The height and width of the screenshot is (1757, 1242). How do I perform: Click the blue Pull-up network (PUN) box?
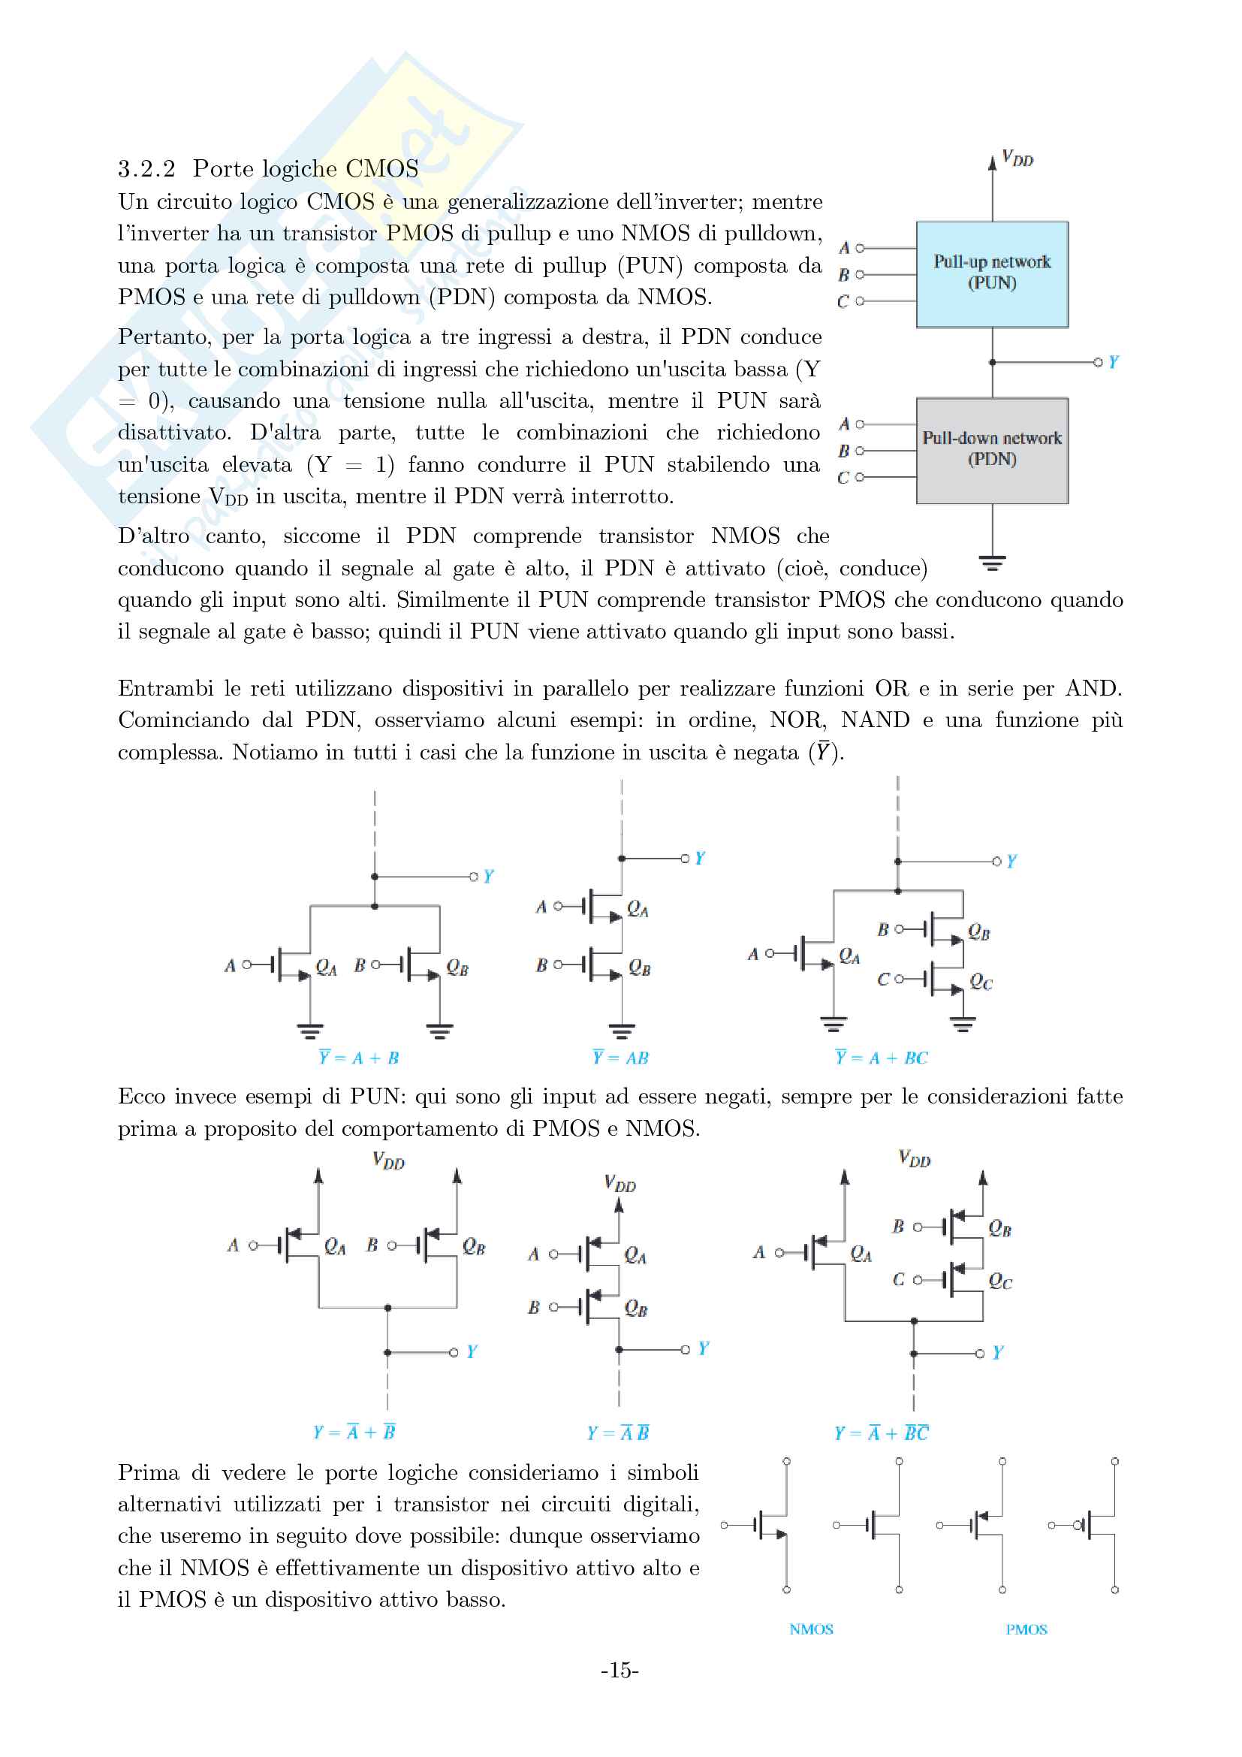[x=992, y=274]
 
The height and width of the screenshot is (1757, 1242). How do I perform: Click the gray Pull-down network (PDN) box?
[x=992, y=450]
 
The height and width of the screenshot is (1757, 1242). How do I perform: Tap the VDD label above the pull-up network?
[x=1017, y=159]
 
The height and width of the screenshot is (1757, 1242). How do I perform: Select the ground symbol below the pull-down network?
[x=992, y=564]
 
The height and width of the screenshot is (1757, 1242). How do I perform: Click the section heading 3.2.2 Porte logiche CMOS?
[x=267, y=168]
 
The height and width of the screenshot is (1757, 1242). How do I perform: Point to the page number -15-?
[x=619, y=1670]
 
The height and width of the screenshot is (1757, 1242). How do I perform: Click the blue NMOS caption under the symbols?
[x=811, y=1629]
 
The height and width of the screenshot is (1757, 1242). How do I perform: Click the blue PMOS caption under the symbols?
[x=1026, y=1629]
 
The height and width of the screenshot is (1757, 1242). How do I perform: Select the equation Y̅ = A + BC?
[x=881, y=1058]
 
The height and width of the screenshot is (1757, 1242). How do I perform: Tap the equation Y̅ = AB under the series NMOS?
[x=620, y=1058]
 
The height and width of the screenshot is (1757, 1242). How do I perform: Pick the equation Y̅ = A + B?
[x=359, y=1058]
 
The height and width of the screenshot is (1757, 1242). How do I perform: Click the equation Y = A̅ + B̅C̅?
[x=881, y=1432]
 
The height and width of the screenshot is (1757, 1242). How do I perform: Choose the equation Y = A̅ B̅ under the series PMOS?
[x=619, y=1432]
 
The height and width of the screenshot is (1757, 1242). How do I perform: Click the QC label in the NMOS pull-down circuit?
[x=981, y=982]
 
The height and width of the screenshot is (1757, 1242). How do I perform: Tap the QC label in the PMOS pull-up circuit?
[x=999, y=1281]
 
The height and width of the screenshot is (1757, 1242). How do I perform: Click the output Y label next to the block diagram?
[x=1114, y=362]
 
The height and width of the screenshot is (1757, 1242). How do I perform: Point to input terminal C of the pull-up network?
[x=860, y=301]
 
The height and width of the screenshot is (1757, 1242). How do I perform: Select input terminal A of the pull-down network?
[x=860, y=424]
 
